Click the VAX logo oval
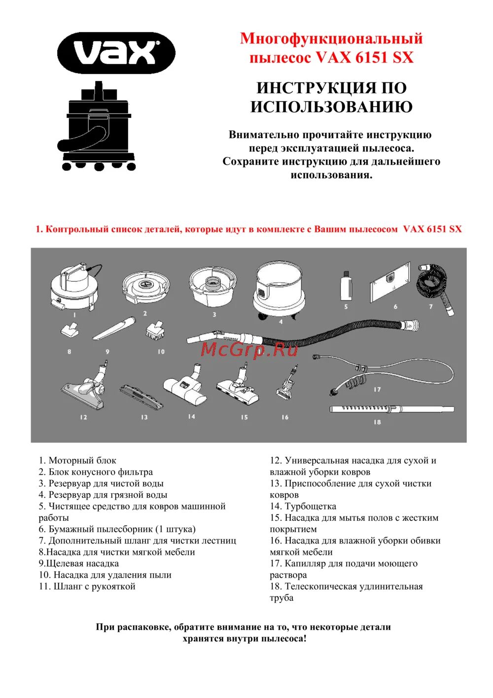pos(116,53)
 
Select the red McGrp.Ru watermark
pos(249,349)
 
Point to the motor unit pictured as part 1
pos(75,288)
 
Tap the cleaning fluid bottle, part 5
pos(346,286)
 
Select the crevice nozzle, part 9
pos(114,329)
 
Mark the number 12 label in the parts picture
pos(83,417)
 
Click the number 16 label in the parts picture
pos(285,417)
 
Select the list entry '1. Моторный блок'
pos(77,461)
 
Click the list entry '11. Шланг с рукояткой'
pos(87,587)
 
